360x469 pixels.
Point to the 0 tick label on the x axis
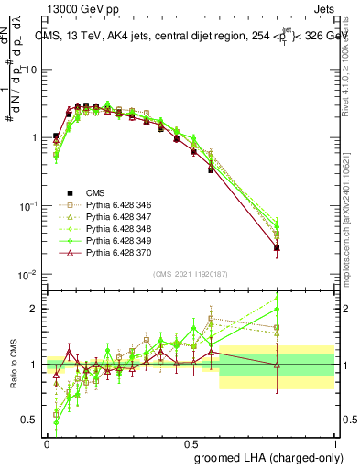(x=47, y=442)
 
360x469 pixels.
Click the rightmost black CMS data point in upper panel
(x=302, y=247)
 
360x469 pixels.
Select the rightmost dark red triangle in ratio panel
(x=302, y=365)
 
